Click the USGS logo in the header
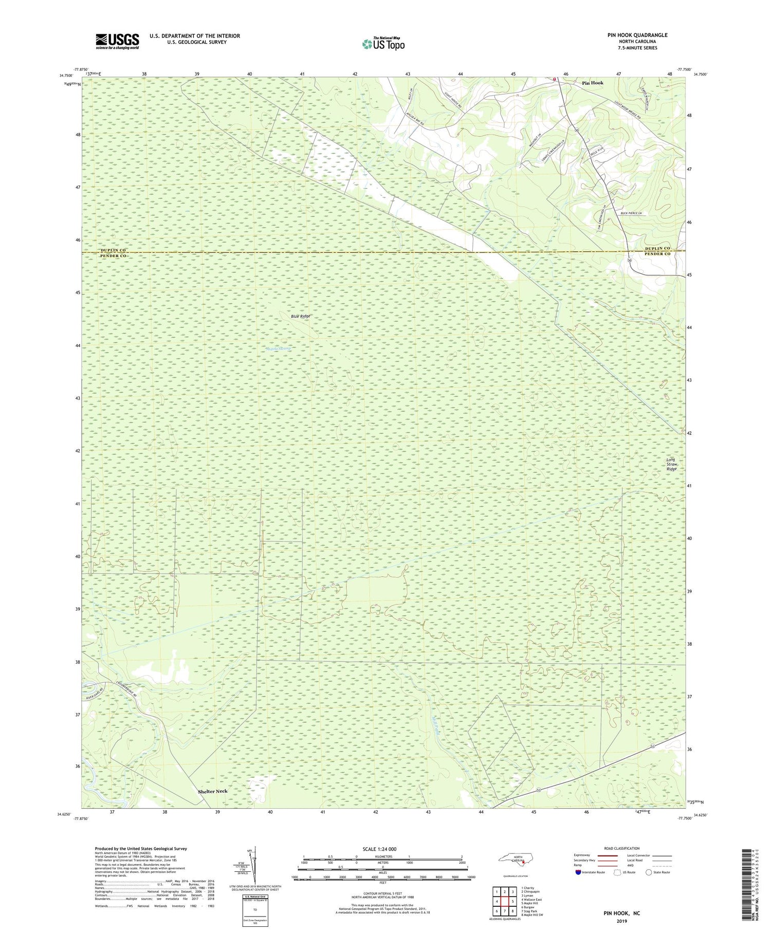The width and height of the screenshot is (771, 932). point(117,41)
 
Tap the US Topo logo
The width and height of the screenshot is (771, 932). point(383,44)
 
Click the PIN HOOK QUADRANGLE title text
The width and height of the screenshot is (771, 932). point(637,35)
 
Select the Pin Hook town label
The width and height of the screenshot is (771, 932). point(593,83)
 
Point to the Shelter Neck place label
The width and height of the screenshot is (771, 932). point(212,791)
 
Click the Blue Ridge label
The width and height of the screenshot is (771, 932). point(301,316)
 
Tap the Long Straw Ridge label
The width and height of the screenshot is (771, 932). point(671,464)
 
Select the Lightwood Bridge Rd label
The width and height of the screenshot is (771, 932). point(628,110)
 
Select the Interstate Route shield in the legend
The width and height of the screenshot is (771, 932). point(578,872)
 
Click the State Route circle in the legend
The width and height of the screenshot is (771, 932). point(649,872)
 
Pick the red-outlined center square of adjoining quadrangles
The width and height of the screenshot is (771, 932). point(505,901)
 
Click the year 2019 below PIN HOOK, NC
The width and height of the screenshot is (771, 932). point(622,921)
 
